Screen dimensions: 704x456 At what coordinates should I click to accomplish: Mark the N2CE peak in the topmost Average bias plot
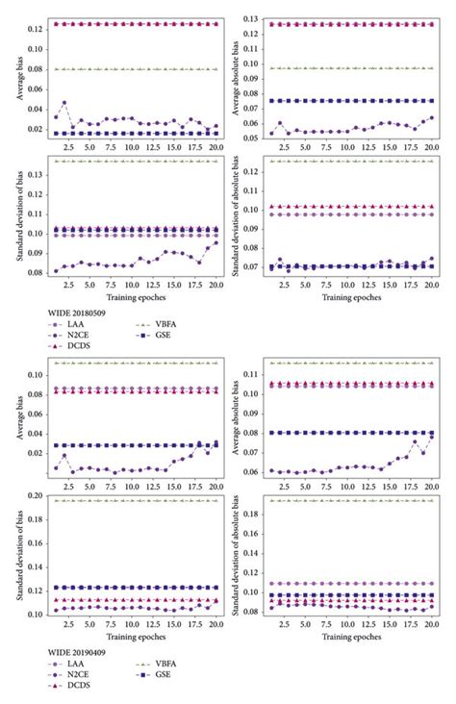point(63,103)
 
